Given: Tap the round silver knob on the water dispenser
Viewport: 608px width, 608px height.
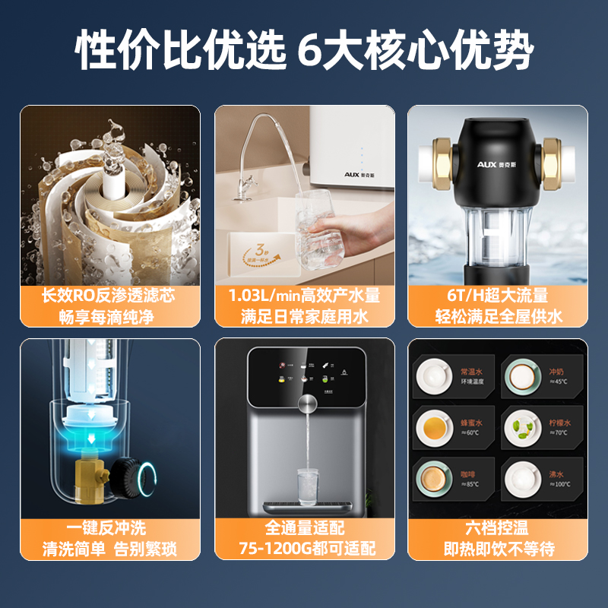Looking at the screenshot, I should point(308,403).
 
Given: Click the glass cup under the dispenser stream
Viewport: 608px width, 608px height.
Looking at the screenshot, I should point(308,484).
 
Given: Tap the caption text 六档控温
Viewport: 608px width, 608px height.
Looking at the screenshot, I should point(498,527).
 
